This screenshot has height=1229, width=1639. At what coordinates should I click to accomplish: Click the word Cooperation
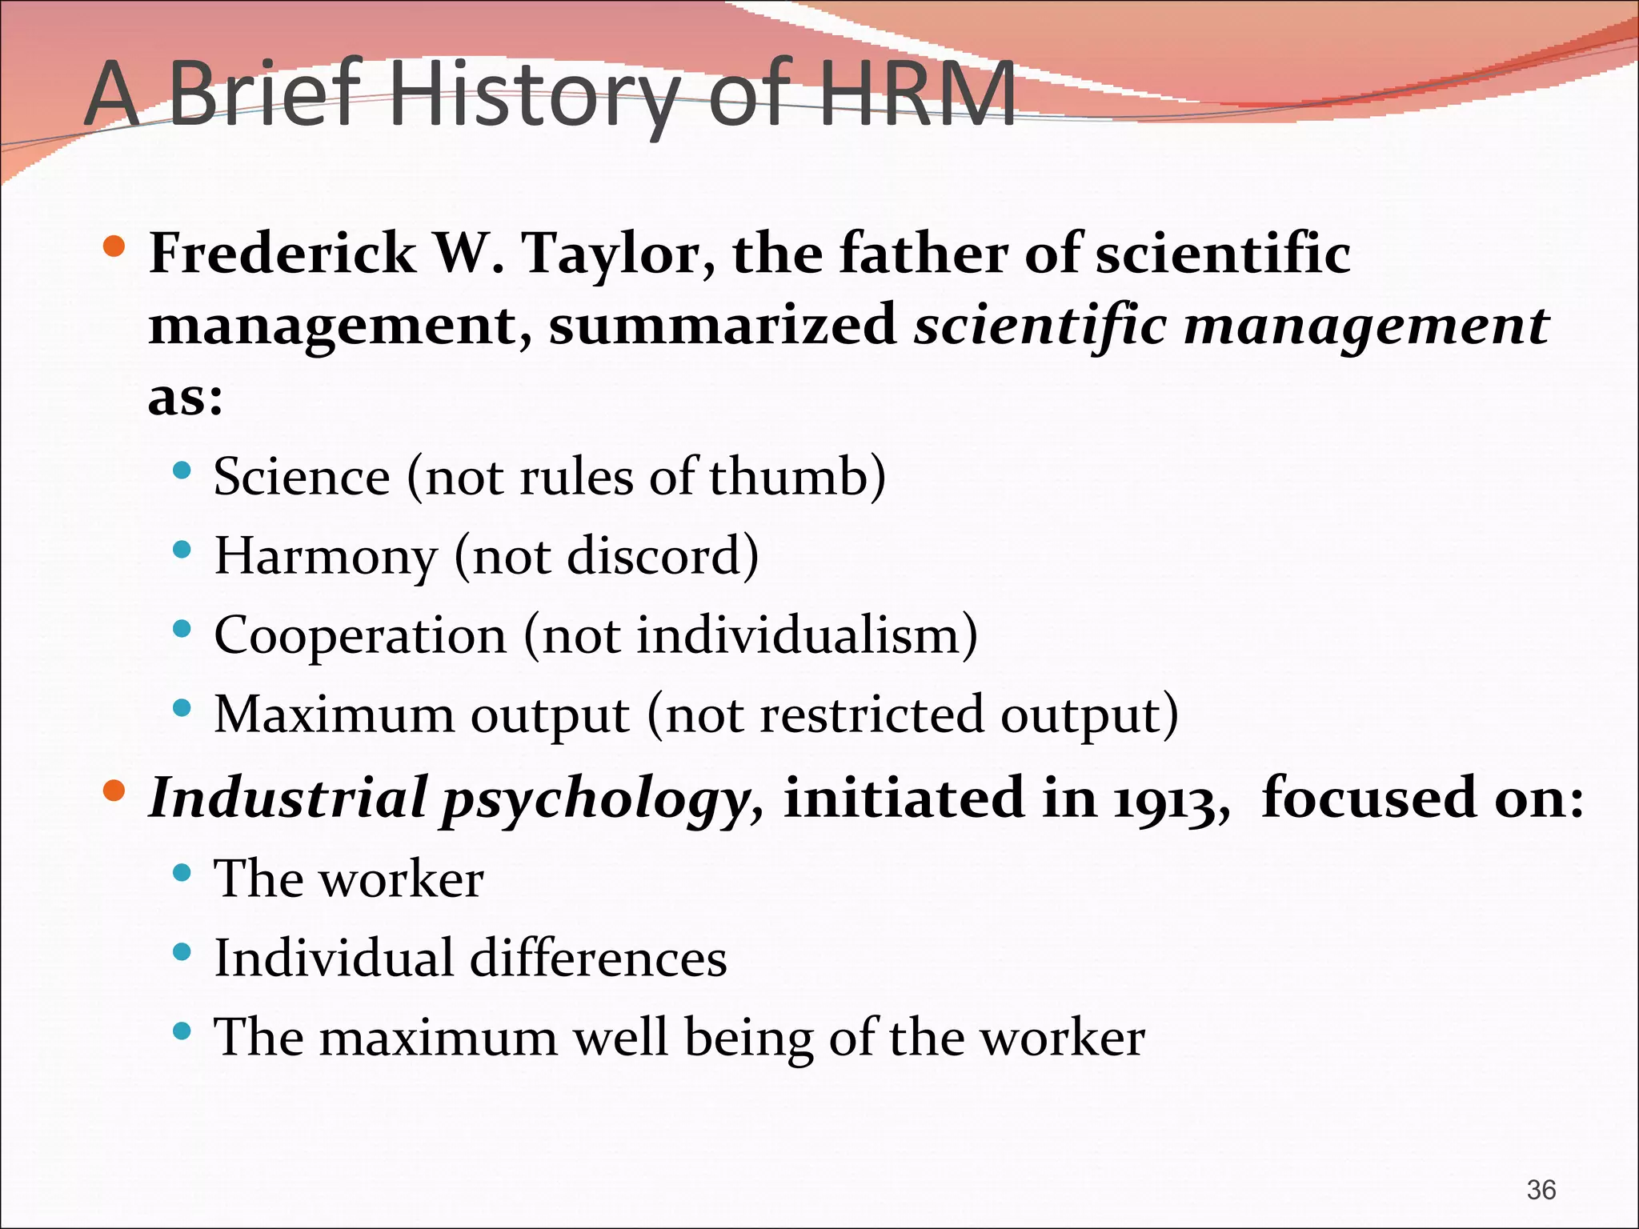point(360,636)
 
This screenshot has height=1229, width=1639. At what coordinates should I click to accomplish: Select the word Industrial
point(288,798)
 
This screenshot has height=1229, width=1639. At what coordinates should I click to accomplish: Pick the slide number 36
point(1541,1190)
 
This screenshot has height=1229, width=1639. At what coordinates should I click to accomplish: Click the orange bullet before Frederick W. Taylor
point(114,246)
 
